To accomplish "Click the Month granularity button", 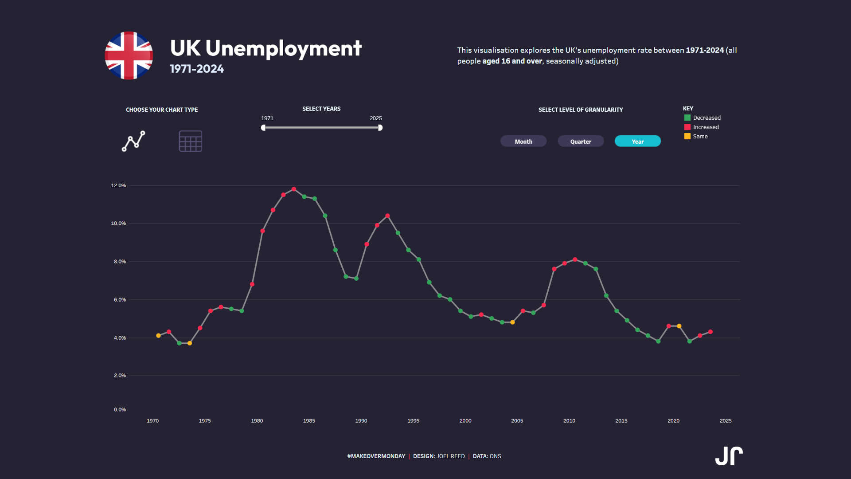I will click(523, 141).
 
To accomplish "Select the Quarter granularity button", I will click(581, 141).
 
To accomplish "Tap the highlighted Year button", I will click(637, 141).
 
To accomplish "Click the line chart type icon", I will click(133, 141).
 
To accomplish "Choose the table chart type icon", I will click(191, 141).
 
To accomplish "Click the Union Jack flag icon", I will click(129, 55).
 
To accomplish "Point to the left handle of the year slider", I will click(263, 128).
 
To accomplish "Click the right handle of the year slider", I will click(380, 128).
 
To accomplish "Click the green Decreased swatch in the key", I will click(687, 118).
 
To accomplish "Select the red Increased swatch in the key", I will click(687, 127).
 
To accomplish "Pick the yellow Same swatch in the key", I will click(687, 137).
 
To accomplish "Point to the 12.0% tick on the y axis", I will click(118, 185).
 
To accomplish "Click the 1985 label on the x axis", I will click(309, 421).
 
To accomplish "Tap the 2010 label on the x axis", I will click(569, 421).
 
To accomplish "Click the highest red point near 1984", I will click(294, 189).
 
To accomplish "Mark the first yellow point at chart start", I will click(158, 336).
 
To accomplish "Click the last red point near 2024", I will click(710, 332).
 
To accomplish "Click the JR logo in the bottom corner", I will click(729, 456).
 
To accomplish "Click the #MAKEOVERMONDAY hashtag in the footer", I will click(376, 456).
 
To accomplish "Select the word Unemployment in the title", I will click(284, 48).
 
